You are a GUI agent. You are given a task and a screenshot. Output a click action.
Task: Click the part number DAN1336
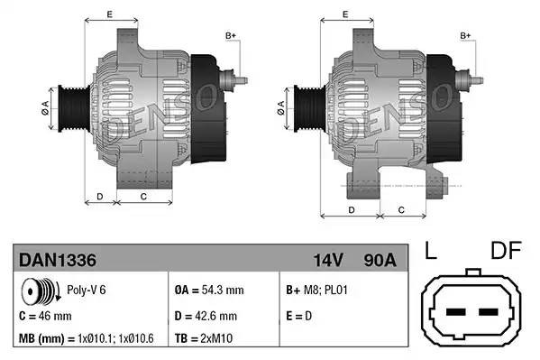coord(58,261)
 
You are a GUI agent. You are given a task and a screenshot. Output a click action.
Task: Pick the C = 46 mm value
coord(45,317)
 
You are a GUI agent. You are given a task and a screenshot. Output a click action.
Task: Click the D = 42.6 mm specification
coord(206,317)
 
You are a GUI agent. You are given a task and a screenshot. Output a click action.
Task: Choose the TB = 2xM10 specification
coord(205,340)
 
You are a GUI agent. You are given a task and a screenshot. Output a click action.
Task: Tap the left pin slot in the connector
coord(455,313)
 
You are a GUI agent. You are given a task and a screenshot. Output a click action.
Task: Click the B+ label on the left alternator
coord(230,35)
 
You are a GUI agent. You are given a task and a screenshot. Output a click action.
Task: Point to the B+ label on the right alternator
coord(466,35)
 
